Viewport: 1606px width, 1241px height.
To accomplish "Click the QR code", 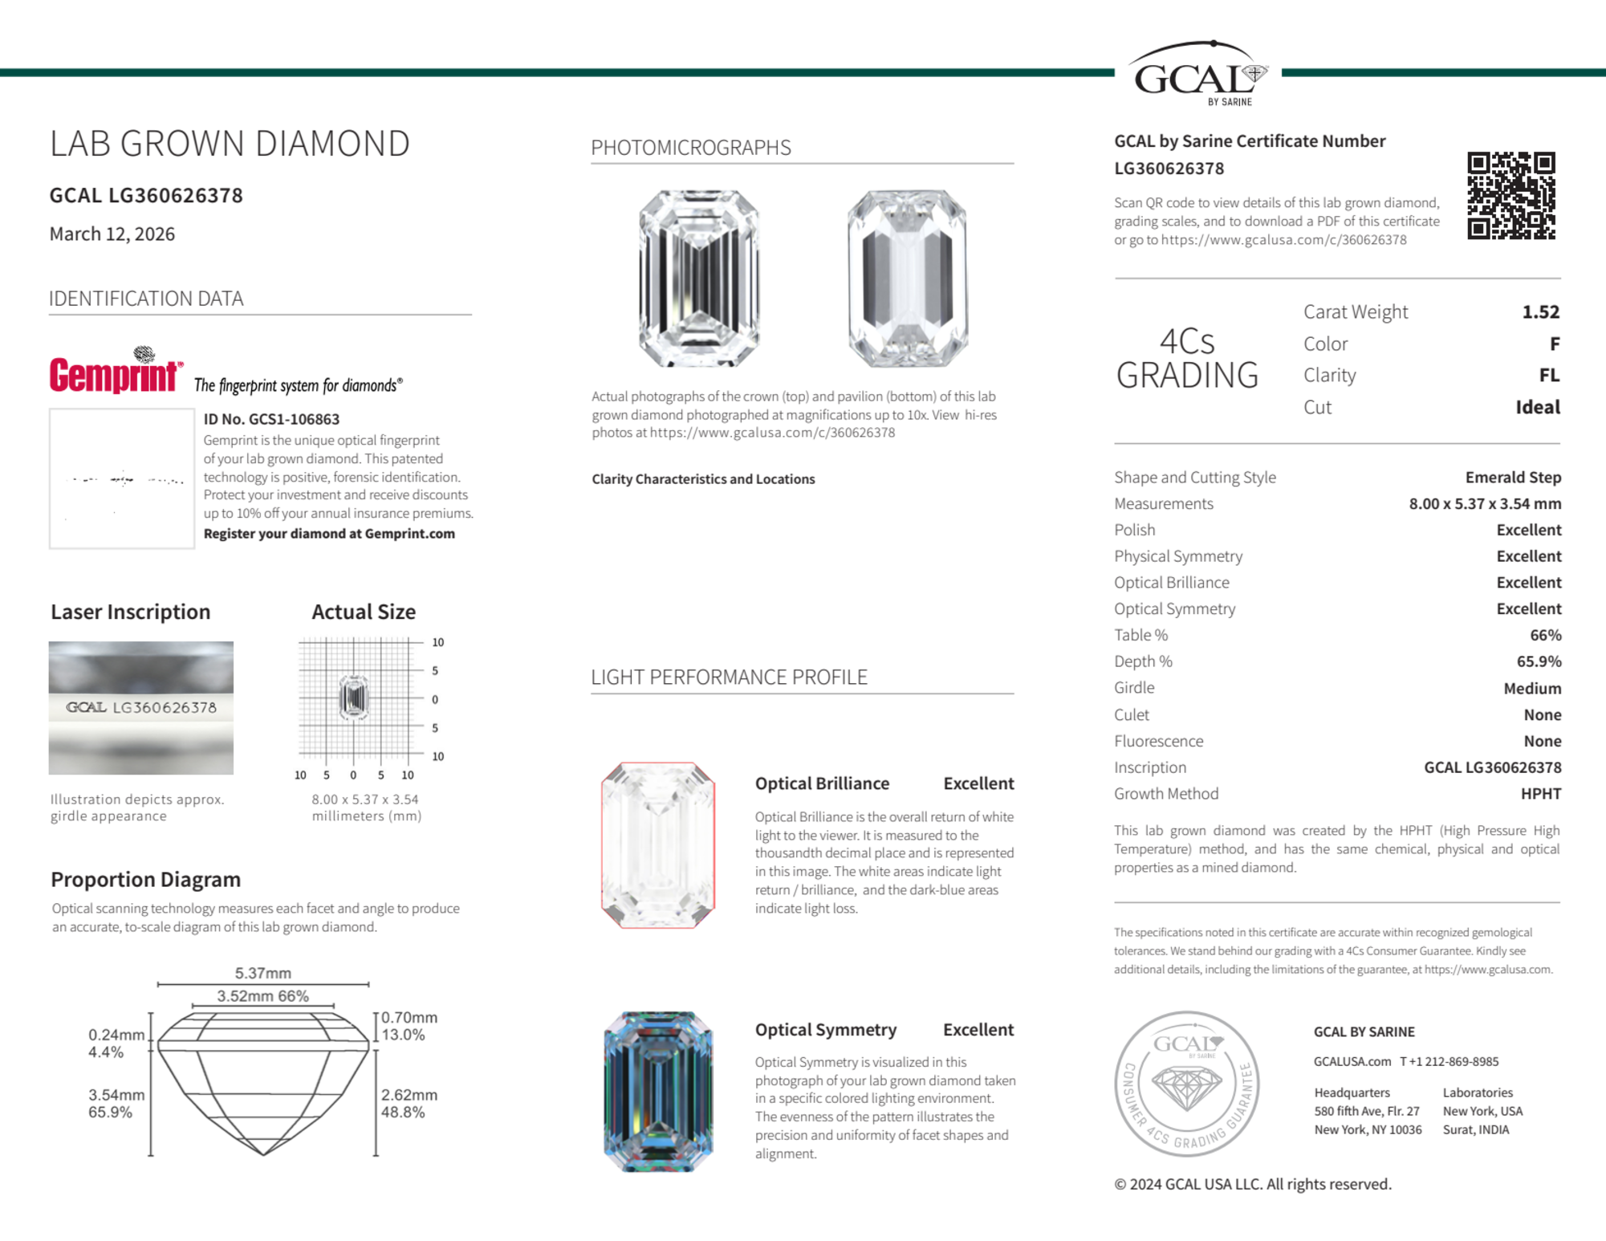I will pos(1510,195).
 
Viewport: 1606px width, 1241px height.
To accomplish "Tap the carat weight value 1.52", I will pos(1540,311).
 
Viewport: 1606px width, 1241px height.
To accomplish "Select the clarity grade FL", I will pos(1548,375).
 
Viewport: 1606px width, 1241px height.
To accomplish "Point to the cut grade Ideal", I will pos(1537,407).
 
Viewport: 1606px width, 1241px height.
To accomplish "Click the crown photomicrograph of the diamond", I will pos(699,278).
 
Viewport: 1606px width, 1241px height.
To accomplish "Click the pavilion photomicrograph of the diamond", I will pos(907,278).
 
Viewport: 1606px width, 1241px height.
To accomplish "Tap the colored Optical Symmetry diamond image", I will pos(658,1091).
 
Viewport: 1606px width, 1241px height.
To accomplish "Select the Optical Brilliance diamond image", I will pos(658,844).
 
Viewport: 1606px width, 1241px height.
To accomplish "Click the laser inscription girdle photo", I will pos(141,707).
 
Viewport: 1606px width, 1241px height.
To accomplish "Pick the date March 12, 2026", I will pos(112,234).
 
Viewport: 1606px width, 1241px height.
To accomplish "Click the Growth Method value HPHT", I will pos(1540,793).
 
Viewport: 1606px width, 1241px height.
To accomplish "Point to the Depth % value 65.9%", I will pos(1539,661).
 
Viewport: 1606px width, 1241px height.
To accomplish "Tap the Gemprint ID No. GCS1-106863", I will pos(271,419).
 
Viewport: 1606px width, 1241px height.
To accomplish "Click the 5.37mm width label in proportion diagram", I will pos(262,973).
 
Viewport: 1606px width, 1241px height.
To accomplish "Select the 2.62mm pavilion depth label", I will pos(409,1095).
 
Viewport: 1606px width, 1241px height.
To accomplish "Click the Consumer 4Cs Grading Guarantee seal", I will pos(1187,1083).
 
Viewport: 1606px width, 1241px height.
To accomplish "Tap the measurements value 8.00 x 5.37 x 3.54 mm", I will pos(1485,503).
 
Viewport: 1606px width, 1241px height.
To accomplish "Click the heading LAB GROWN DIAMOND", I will pos(230,144).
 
